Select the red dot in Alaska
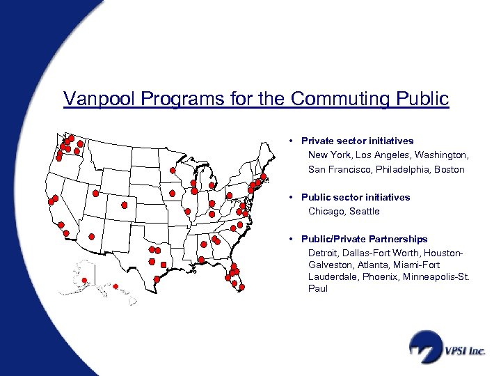(x=84, y=281)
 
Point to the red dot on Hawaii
(x=116, y=286)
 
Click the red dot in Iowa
(x=173, y=193)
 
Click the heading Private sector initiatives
(x=357, y=141)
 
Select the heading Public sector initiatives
(x=356, y=197)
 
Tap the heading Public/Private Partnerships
(x=364, y=239)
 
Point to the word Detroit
(x=324, y=252)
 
